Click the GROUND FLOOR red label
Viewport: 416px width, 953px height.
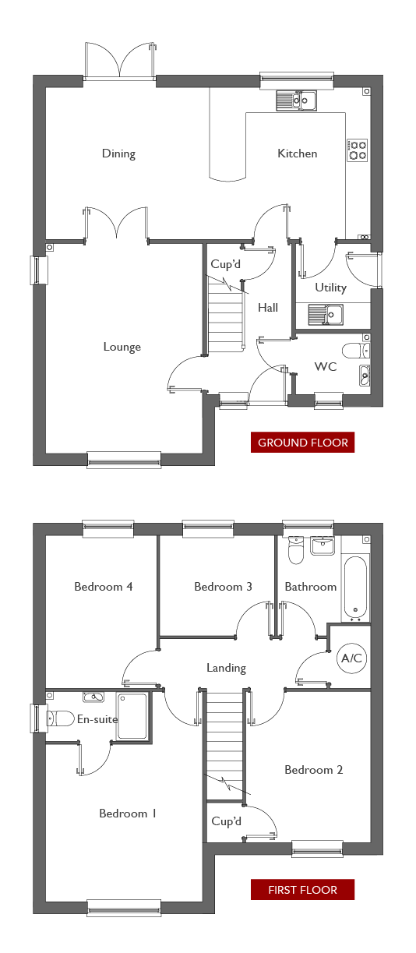(x=302, y=443)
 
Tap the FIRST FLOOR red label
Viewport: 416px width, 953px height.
(x=302, y=890)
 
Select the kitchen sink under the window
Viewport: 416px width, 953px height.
(x=297, y=101)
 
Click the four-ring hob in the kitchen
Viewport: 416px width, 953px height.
(x=358, y=150)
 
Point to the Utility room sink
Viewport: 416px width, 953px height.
(x=326, y=315)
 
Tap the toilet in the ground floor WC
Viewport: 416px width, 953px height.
(x=356, y=351)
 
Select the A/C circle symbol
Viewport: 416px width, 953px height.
(x=352, y=658)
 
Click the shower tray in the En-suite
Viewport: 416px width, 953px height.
(x=132, y=716)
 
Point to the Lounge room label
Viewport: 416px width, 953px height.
(x=122, y=347)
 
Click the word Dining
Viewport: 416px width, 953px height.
(x=118, y=154)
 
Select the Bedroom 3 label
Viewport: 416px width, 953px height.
(x=224, y=587)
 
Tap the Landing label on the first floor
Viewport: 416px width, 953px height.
(x=226, y=668)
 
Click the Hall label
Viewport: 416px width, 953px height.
(x=268, y=308)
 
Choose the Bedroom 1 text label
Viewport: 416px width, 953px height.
(x=128, y=814)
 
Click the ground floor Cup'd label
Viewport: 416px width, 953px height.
(x=225, y=264)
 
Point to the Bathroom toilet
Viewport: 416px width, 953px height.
(x=295, y=550)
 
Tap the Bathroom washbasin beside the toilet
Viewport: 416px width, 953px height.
(x=323, y=545)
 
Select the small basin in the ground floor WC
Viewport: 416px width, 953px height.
(x=365, y=376)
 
